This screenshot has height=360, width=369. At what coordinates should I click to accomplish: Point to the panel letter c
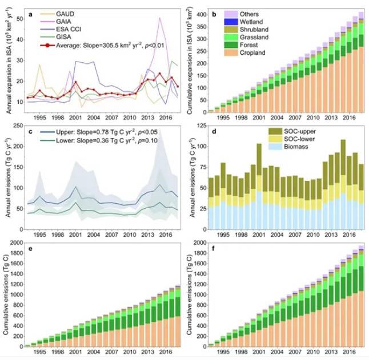coord(29,131)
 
